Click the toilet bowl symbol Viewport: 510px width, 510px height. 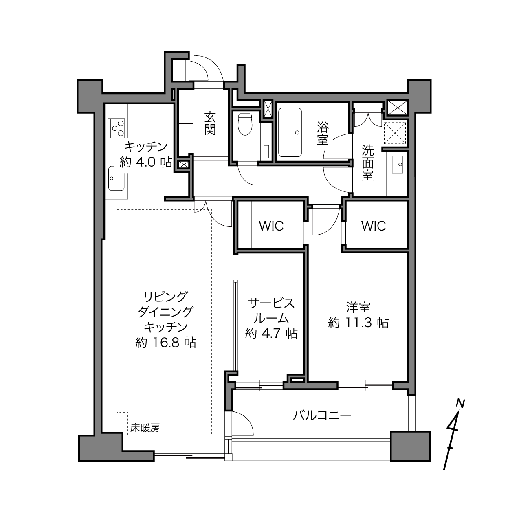[x=245, y=124]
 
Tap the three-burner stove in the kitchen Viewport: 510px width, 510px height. [x=117, y=128]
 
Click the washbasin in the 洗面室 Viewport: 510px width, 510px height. [x=397, y=164]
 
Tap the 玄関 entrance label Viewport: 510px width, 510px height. [x=210, y=123]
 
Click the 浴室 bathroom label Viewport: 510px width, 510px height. [x=323, y=133]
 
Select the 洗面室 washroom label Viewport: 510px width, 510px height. [x=368, y=163]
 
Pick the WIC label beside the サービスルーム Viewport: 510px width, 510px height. [x=271, y=226]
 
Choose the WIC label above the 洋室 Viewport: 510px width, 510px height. [x=374, y=226]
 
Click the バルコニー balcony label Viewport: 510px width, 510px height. [x=321, y=416]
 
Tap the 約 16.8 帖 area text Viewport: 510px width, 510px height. [x=166, y=343]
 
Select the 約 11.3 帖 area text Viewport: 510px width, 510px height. [x=358, y=323]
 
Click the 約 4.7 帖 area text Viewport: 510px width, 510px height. [x=271, y=333]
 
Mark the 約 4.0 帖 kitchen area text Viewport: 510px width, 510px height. [x=146, y=162]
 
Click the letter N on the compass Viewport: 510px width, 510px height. [x=461, y=403]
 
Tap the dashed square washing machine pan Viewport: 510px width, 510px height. [x=395, y=133]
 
